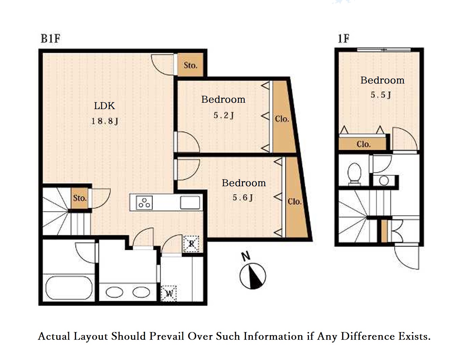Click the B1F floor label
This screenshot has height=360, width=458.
50,39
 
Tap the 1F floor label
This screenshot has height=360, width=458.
343,39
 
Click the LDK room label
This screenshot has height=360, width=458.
104,106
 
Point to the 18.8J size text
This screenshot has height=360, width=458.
105,121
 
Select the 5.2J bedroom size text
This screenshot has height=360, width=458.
223,115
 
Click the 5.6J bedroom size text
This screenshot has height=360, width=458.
242,197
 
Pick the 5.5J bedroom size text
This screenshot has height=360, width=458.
381,95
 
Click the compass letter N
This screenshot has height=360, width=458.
246,256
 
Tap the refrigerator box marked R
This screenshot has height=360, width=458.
191,244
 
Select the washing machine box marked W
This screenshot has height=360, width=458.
169,293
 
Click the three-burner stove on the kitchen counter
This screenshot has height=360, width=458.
144,203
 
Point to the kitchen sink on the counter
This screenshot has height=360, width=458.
190,203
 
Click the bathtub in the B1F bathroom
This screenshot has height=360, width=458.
69,288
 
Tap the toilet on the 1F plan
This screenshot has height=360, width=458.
354,174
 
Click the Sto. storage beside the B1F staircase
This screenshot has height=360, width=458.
79,198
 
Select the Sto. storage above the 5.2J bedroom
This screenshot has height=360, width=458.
190,65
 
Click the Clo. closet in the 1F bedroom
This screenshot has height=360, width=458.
362,144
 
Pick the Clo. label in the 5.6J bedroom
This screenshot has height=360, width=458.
294,202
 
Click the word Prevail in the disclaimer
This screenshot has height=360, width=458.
167,336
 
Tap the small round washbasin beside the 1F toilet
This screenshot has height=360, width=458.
384,181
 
